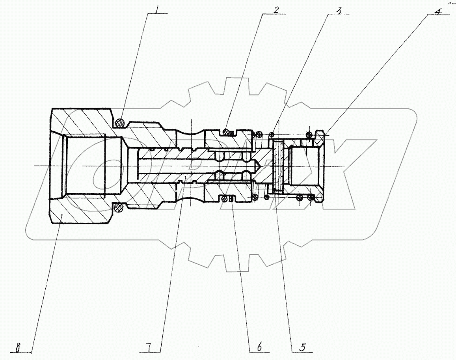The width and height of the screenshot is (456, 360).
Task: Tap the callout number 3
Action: click(339, 10)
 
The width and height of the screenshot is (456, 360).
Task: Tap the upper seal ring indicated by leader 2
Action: click(226, 131)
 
